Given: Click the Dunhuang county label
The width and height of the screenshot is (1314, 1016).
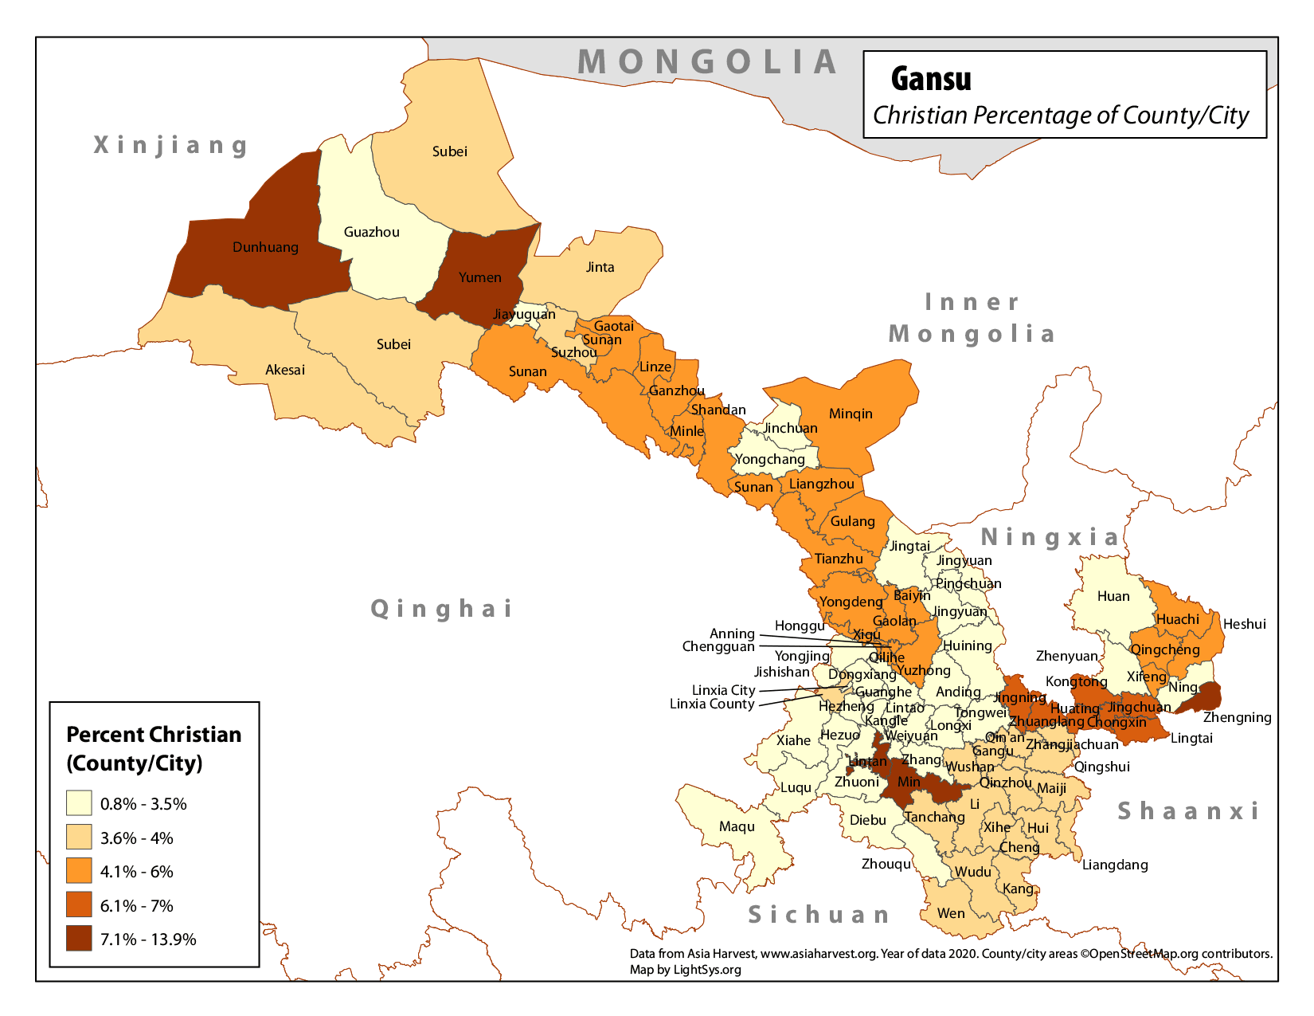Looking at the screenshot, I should point(265,247).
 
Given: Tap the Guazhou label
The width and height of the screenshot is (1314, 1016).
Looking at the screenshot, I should point(371,232).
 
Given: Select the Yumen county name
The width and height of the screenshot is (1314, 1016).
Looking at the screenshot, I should point(479,277).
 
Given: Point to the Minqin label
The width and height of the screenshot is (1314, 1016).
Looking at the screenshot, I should point(851,414).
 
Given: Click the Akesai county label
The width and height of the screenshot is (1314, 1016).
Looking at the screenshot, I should point(284,370).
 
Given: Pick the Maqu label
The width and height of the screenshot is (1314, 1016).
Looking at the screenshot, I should point(736,826).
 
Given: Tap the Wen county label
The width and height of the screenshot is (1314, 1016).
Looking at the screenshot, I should point(951,913).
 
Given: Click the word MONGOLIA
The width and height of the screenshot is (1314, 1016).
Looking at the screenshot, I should point(707,62).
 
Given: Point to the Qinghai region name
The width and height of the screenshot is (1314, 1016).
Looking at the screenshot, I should point(442,609).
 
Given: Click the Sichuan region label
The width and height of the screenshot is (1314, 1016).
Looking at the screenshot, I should point(819,915).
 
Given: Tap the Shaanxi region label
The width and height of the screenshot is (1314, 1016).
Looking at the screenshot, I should point(1188,811).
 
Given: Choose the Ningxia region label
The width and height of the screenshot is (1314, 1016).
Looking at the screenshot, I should point(1050,537).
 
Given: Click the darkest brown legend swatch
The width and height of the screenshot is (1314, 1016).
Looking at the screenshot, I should point(79,939).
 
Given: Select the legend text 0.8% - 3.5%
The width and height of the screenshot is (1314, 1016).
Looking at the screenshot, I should point(143,804).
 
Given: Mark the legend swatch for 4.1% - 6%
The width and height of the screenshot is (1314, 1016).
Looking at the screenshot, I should point(79,871).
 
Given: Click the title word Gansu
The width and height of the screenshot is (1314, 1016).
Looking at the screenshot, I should point(930,79).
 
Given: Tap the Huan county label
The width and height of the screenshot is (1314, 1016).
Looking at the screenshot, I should point(1113,596).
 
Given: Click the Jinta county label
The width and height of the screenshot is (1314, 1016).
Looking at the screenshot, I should point(600,267).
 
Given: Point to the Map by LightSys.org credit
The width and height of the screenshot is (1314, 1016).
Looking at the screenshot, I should point(685,970).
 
